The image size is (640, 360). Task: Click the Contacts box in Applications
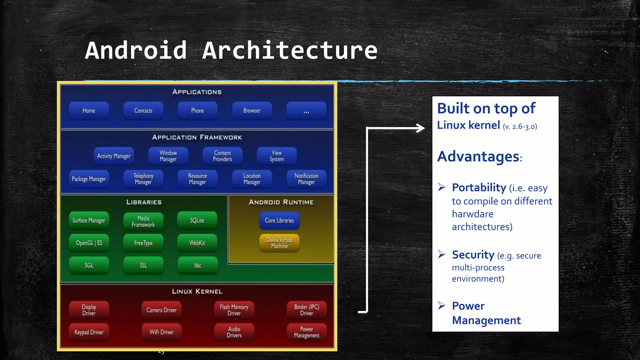(143, 111)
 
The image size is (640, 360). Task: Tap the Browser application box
(252, 111)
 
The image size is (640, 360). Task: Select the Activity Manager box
(114, 156)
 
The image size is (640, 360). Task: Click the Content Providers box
(222, 156)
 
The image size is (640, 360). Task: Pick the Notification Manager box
(306, 179)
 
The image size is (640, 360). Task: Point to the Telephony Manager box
(143, 179)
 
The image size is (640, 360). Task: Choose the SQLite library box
(197, 220)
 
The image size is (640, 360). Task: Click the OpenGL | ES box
(89, 243)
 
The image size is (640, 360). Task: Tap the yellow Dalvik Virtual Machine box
(279, 243)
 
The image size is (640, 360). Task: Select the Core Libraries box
(279, 220)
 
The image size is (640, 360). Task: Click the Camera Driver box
(161, 310)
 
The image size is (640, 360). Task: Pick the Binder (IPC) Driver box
(307, 310)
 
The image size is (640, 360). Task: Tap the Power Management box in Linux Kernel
(307, 332)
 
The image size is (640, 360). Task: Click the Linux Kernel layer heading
(197, 291)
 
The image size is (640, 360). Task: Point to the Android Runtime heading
(281, 202)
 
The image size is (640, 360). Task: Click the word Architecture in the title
(290, 51)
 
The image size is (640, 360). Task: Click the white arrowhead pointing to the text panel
(421, 128)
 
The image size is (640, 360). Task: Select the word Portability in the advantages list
(479, 187)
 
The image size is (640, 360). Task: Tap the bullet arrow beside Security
(441, 254)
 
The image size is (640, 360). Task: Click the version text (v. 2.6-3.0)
(520, 127)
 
